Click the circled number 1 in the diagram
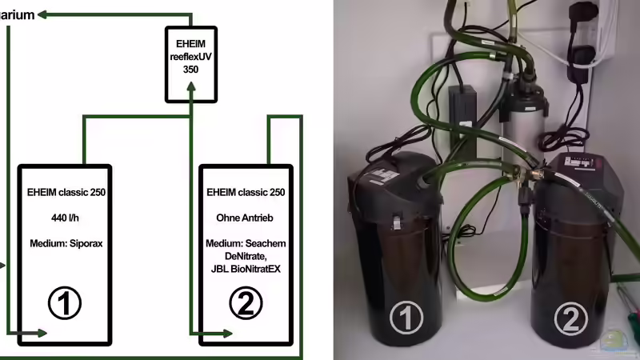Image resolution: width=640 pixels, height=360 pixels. [x=65, y=303]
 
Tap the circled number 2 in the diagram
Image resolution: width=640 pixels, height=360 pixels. [x=246, y=303]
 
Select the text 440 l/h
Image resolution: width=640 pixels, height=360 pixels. [x=65, y=217]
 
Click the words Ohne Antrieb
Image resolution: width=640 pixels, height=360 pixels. [x=246, y=217]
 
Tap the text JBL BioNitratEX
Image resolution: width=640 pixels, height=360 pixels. [x=246, y=270]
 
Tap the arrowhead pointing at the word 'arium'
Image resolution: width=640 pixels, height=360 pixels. [x=44, y=14]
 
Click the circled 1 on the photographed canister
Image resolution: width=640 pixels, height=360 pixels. [x=406, y=318]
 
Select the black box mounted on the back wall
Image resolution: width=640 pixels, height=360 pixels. [x=462, y=112]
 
